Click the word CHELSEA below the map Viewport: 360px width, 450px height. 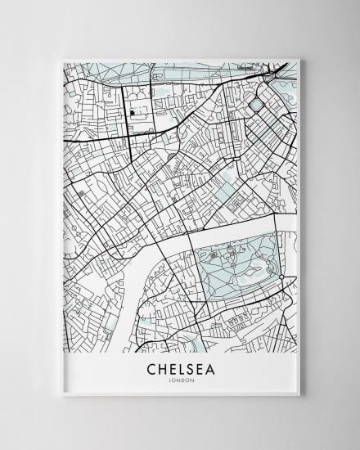coord(181,370)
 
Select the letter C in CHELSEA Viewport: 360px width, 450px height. coord(152,370)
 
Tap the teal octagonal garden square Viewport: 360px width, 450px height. coord(256,105)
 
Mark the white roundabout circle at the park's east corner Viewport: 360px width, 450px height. coord(282,279)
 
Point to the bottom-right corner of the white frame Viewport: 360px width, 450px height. coord(299,395)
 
